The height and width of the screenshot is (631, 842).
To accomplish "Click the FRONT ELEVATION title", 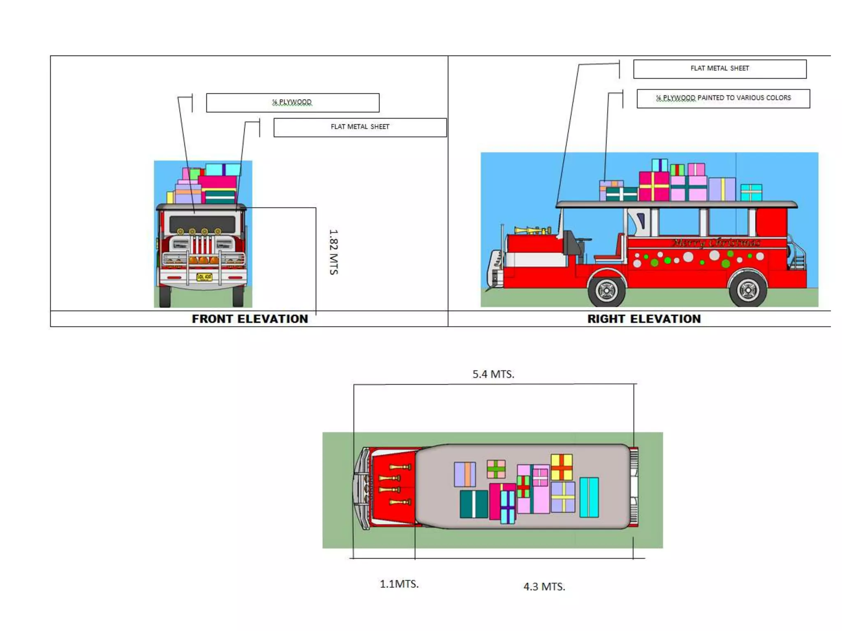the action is [250, 319].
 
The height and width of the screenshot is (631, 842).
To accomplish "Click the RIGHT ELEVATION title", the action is [644, 319].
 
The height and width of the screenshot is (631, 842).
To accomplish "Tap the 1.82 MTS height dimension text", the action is [333, 252].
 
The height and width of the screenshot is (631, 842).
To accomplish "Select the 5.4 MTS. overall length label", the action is [493, 374].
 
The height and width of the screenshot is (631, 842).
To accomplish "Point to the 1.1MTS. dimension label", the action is [399, 584].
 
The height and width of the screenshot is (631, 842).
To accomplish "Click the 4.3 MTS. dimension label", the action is [544, 587].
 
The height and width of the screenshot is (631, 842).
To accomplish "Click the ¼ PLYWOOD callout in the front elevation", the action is [292, 102].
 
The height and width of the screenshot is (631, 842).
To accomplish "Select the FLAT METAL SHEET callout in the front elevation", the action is [360, 127].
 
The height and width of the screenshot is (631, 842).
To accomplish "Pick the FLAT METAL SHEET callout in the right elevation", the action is [719, 69].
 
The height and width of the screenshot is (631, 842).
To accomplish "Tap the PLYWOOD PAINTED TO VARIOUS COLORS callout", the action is [723, 98].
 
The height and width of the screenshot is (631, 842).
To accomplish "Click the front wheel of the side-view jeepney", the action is [606, 290].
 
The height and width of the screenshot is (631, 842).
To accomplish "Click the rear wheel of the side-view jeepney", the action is [747, 290].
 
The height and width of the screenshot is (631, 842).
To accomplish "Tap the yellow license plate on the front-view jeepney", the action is [204, 277].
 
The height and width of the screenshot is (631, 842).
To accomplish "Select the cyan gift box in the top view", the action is [589, 497].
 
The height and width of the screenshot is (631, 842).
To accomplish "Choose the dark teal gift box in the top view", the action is [474, 504].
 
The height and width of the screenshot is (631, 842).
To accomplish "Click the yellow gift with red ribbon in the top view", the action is [562, 467].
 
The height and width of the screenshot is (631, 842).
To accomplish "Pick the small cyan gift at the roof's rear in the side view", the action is [751, 193].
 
